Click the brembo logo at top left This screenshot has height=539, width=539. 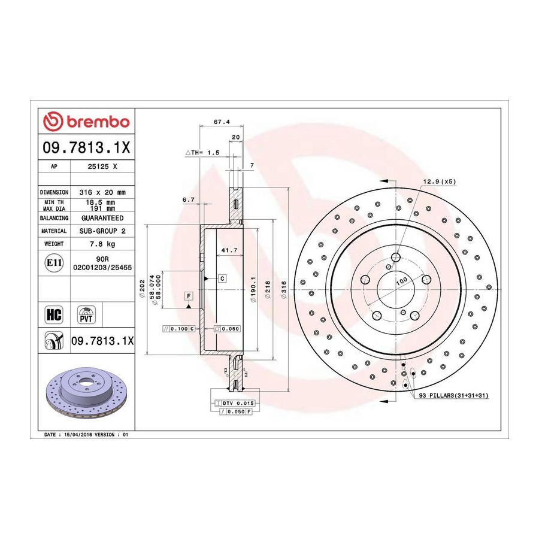tap(86, 122)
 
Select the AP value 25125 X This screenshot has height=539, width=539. tap(102, 166)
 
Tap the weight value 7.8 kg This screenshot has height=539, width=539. tap(102, 244)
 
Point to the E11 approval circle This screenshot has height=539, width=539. tap(54, 263)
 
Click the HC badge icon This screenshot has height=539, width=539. tap(54, 314)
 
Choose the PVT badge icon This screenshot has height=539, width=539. tap(86, 314)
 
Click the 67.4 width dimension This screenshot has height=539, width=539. tap(222, 122)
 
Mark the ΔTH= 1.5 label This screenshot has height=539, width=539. tap(202, 153)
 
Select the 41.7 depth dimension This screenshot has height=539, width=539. tap(229, 250)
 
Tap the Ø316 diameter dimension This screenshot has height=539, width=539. tap(284, 290)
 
